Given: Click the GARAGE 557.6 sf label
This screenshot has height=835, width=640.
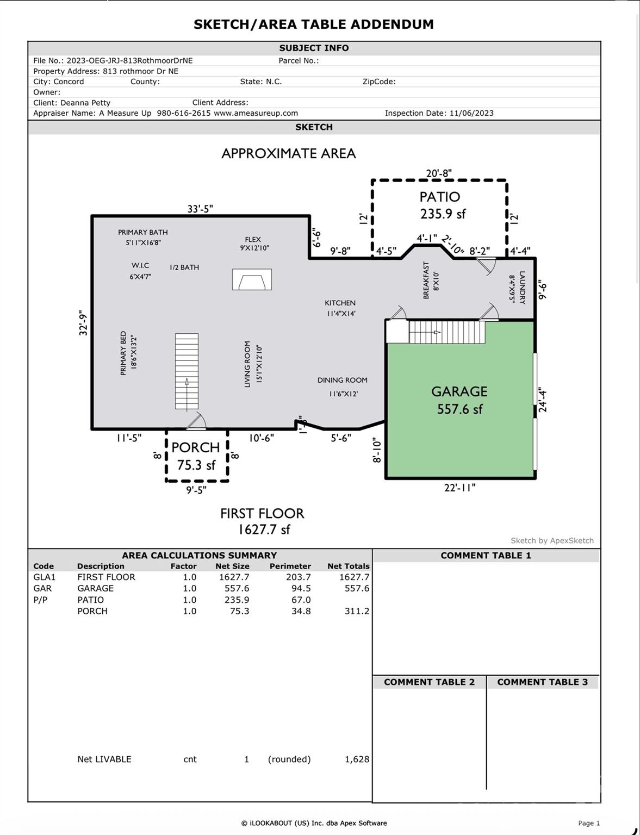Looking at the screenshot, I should click(459, 400).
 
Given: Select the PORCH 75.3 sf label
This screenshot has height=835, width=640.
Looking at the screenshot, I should click(196, 456).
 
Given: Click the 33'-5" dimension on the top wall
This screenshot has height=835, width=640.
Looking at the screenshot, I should click(200, 209).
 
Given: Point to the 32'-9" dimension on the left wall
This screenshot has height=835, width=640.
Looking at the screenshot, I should click(83, 323).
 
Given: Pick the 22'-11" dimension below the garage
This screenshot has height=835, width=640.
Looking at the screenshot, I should click(459, 488).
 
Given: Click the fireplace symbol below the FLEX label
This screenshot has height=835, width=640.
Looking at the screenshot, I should click(252, 279).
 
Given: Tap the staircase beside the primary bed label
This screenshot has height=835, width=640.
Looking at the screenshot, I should click(187, 371).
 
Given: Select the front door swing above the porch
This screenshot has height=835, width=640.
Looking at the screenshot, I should click(196, 421).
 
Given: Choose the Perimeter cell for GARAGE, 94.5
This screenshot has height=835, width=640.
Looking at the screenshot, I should click(298, 588).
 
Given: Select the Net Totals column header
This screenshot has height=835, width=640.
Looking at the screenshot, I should click(348, 566).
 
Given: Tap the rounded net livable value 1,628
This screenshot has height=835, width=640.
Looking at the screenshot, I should click(357, 759).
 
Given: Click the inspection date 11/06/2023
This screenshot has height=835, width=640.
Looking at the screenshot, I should click(471, 113).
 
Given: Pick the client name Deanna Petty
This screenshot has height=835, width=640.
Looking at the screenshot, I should click(85, 103).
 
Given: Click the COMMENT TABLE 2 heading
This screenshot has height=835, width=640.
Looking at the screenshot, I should click(429, 682).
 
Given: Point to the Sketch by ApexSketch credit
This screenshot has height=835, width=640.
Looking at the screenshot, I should click(552, 540).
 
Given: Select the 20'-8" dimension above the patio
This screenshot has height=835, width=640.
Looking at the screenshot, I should click(439, 173).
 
